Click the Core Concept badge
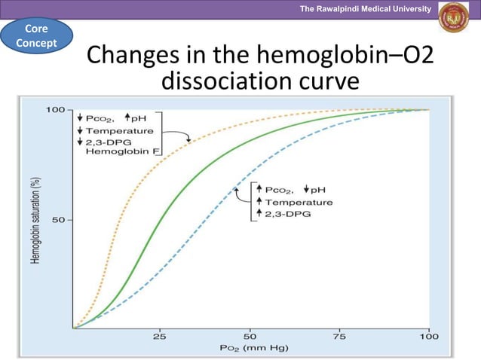tap(36, 36)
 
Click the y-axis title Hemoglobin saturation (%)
tap(35, 221)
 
